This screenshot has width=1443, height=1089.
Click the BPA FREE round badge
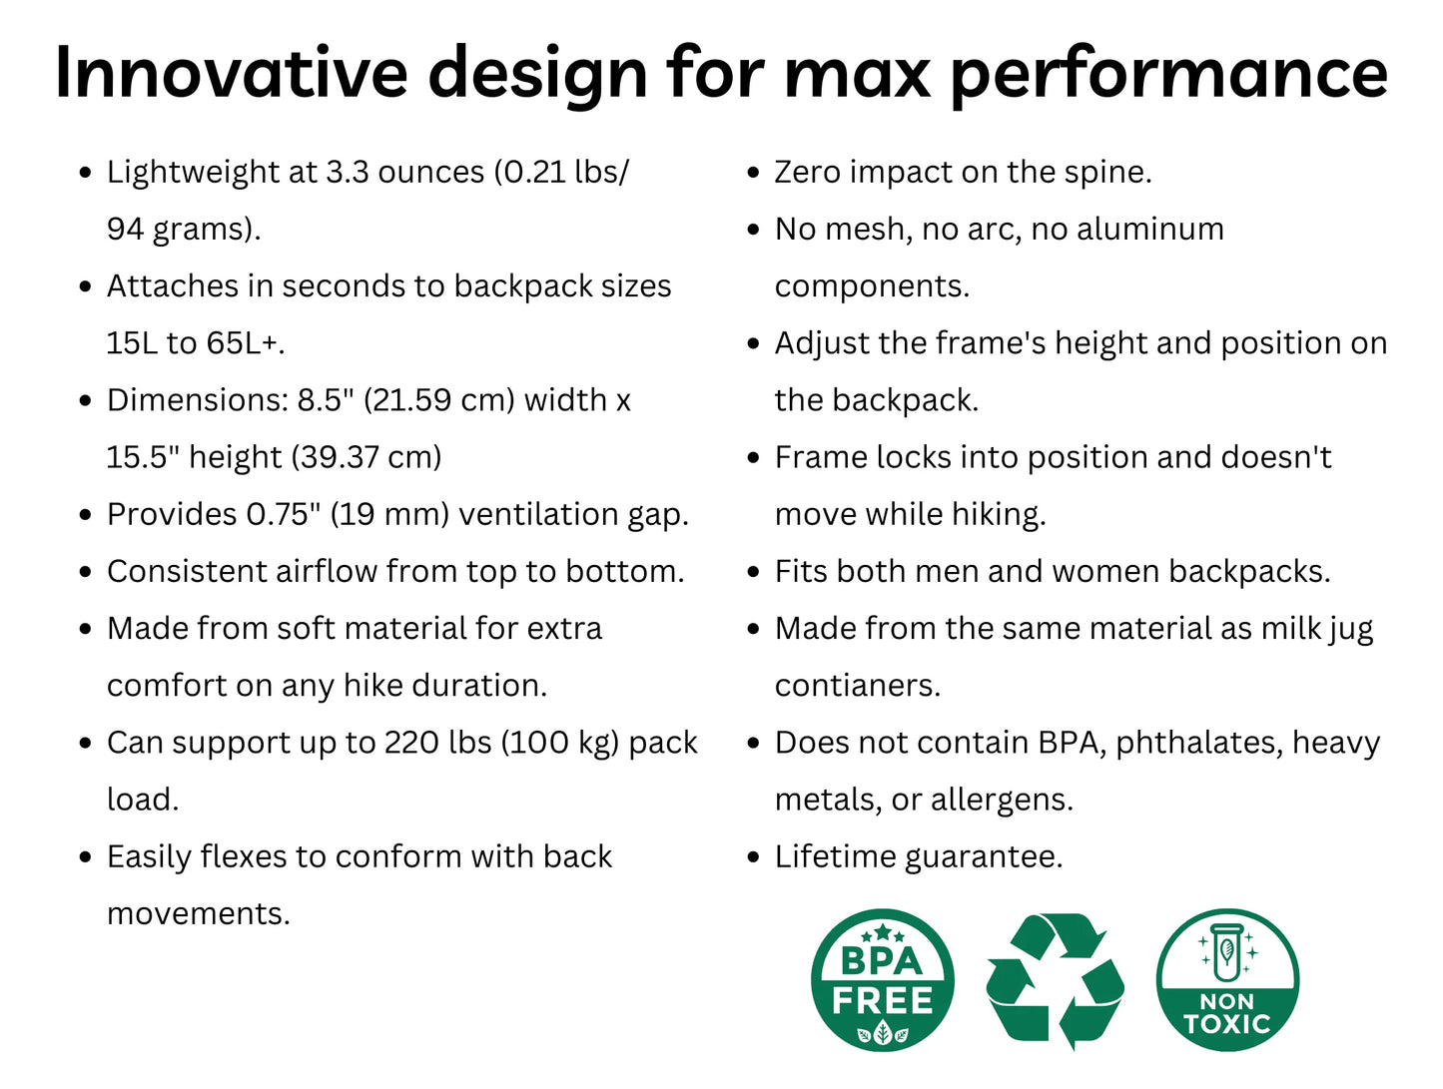[x=882, y=979]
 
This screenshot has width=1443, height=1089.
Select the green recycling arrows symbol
[x=1055, y=980]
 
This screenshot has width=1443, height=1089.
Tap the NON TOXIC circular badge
[x=1226, y=979]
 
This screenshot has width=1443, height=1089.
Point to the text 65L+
[x=245, y=342]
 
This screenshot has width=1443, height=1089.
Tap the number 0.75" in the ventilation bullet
[x=284, y=514]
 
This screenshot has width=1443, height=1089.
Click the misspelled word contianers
[x=857, y=686]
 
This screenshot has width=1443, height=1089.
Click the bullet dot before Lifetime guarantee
[x=753, y=857]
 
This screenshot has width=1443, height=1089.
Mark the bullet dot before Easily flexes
[x=85, y=857]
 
